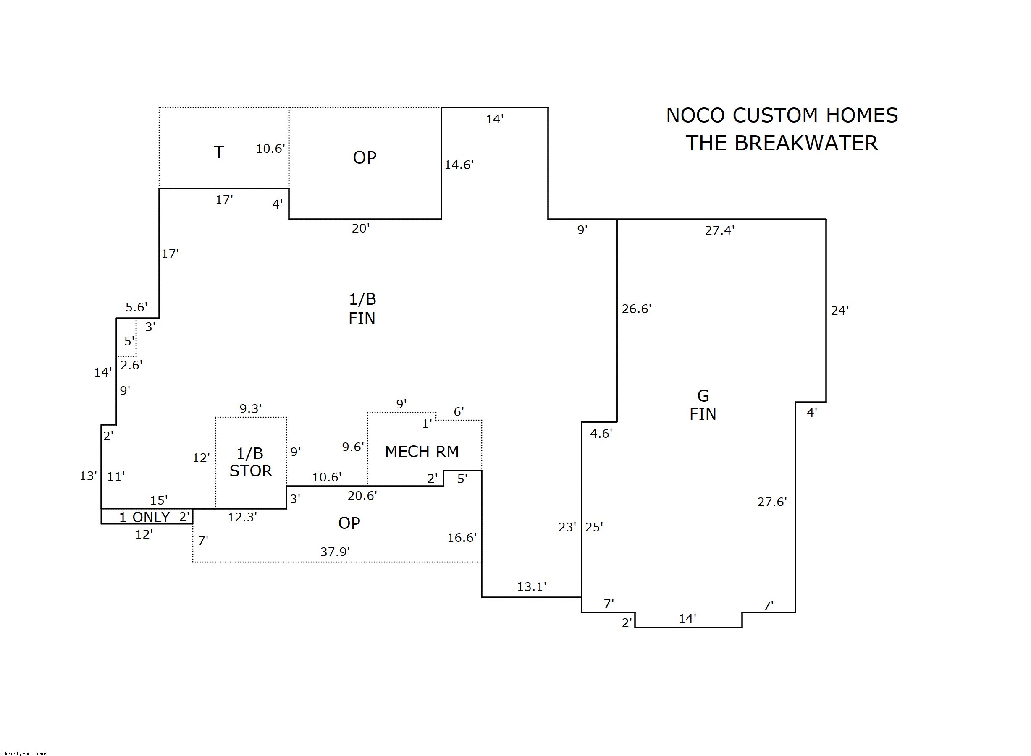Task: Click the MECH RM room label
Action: [x=422, y=452]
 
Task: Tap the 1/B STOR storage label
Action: [x=250, y=462]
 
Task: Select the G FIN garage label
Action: [x=703, y=405]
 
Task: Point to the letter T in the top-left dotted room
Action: [x=219, y=152]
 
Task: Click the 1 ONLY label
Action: [x=144, y=517]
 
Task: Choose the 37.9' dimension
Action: [x=335, y=552]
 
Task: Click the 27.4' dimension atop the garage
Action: [x=719, y=230]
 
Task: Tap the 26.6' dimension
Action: [x=636, y=309]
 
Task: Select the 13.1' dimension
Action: [x=532, y=587]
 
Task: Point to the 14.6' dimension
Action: [x=459, y=165]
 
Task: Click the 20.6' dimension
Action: [x=362, y=496]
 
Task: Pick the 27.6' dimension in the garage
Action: [x=772, y=502]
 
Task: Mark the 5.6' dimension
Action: [x=136, y=307]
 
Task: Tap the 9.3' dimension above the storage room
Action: [x=250, y=409]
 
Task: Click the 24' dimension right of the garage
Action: [x=839, y=311]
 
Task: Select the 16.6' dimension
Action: [x=462, y=538]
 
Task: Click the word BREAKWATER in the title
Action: [x=806, y=143]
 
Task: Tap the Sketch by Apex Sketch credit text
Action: [x=25, y=753]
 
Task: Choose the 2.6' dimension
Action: [x=131, y=365]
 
